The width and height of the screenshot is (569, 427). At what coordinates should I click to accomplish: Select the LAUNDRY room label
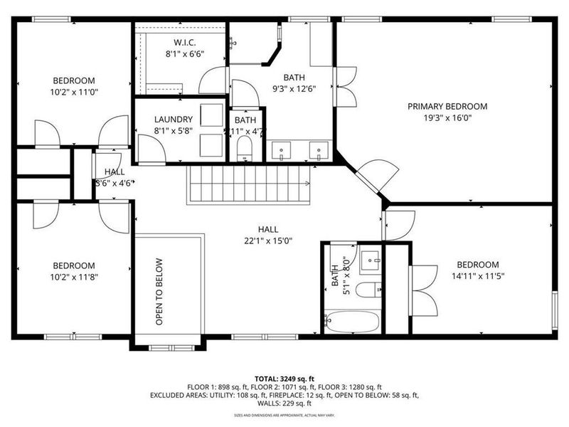click(174, 120)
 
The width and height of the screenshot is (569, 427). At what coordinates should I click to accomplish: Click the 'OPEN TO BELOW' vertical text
click(159, 291)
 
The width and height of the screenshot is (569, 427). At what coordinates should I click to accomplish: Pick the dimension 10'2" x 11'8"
click(74, 278)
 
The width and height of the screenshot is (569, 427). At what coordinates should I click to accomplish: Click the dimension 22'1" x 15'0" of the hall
click(267, 241)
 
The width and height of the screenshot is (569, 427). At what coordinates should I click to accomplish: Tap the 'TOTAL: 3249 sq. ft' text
click(284, 379)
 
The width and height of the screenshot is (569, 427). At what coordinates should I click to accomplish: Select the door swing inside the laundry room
click(150, 147)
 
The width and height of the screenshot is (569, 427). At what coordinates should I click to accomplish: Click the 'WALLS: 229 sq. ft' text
click(284, 403)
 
